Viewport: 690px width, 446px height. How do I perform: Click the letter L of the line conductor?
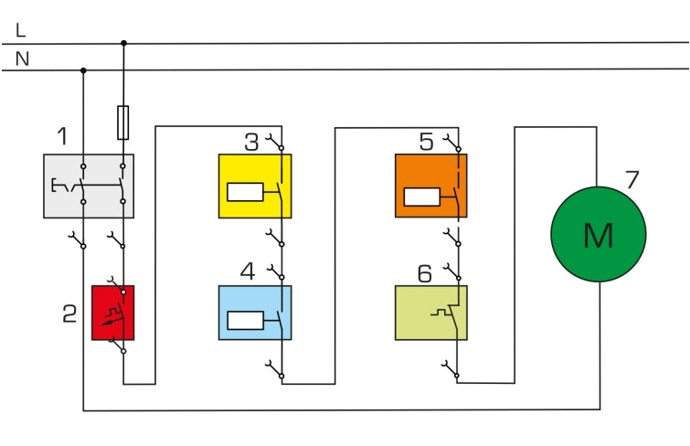coord(21,31)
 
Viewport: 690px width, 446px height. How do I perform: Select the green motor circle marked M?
coord(598,235)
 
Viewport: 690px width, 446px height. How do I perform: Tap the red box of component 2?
coord(112,313)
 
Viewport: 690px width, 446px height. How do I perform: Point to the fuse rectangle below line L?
coord(123,122)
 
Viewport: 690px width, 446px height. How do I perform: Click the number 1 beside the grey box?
coord(61,137)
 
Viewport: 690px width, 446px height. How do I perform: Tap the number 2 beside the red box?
coord(69,314)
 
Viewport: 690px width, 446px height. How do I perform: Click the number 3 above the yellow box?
coord(251,142)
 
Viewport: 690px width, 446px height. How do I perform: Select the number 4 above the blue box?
coord(248,272)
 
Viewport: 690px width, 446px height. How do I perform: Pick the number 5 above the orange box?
coord(427,142)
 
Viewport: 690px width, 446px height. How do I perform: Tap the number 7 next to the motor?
coord(632,179)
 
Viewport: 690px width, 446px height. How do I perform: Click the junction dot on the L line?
coord(123,42)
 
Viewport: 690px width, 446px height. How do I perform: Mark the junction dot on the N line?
coord(84,69)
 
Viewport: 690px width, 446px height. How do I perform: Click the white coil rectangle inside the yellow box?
coord(244,192)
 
